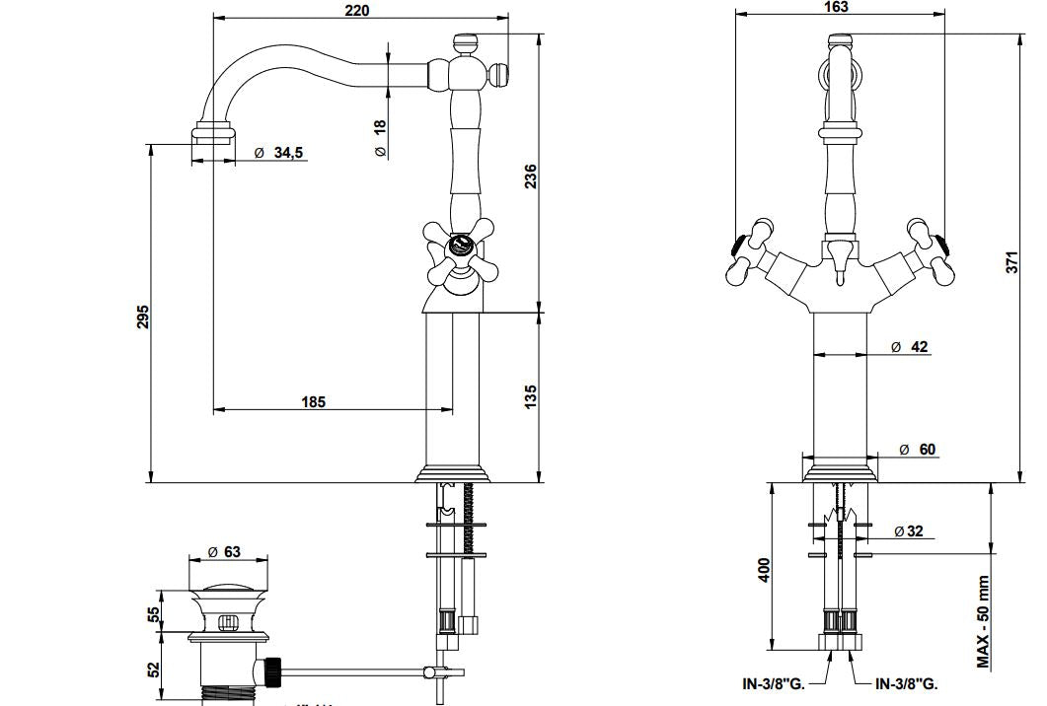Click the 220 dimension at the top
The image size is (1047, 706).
(x=356, y=10)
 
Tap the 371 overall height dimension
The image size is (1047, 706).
(x=1011, y=263)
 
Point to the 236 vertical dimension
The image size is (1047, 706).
(x=531, y=176)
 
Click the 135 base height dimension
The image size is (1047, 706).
(x=531, y=396)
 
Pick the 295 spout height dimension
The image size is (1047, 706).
(x=142, y=317)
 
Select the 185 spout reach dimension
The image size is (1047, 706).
(x=313, y=401)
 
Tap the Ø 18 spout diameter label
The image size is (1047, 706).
(x=380, y=137)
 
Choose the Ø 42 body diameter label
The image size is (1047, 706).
(x=909, y=347)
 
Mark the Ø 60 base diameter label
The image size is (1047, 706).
(x=917, y=450)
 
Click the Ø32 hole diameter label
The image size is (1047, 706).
(x=909, y=531)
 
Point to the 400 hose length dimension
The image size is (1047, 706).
(x=763, y=569)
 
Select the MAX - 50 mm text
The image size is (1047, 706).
(x=983, y=622)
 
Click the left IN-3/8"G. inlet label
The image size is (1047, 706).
(x=774, y=683)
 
